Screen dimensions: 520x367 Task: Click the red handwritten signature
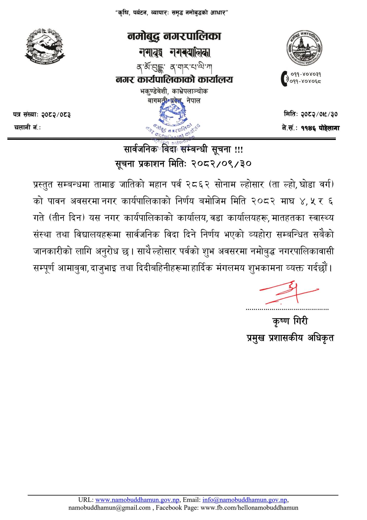tap(288, 292)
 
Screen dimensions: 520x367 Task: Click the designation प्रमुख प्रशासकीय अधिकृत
tap(290, 338)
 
